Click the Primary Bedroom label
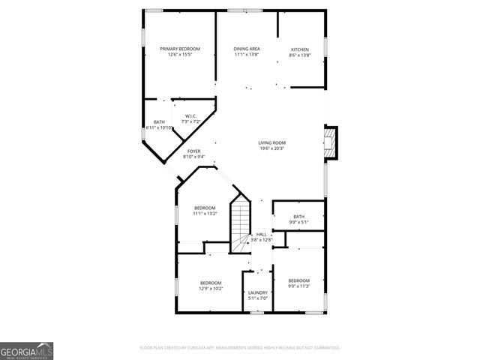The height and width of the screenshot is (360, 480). click(x=180, y=49)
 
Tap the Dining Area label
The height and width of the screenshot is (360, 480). click(x=246, y=49)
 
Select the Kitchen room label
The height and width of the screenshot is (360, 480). click(x=299, y=49)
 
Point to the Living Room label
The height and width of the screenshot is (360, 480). click(x=271, y=142)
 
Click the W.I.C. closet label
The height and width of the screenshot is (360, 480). click(x=190, y=115)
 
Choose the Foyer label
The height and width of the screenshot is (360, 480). click(x=193, y=151)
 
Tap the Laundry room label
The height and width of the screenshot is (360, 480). click(x=258, y=292)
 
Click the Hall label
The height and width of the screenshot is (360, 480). click(x=262, y=234)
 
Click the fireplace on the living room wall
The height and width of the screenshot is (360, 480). click(x=330, y=142)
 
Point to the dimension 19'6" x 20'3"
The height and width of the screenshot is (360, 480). click(x=271, y=148)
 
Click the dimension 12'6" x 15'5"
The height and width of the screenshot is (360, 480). click(x=180, y=55)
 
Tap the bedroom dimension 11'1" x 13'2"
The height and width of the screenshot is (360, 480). click(x=205, y=214)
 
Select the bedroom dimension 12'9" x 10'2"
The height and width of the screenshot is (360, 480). click(x=211, y=289)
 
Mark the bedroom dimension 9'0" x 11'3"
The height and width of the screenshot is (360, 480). click(x=298, y=286)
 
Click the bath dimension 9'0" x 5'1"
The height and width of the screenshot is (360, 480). click(x=298, y=222)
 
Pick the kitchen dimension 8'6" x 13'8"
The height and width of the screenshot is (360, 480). click(x=299, y=55)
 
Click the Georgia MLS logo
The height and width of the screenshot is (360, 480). click(x=26, y=350)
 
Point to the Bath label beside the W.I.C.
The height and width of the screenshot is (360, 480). click(x=159, y=122)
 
